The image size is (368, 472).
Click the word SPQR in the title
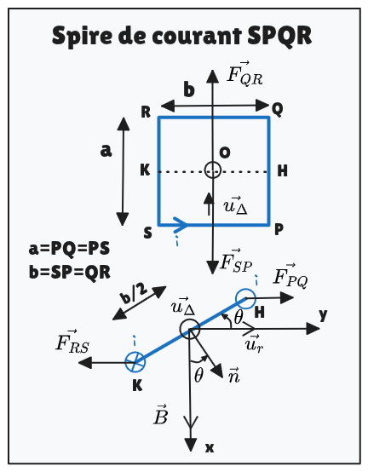(279, 36)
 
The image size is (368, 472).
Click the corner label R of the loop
(146, 112)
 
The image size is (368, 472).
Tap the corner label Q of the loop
(277, 109)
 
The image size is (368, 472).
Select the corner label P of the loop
(279, 230)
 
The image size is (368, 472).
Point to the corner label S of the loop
(147, 233)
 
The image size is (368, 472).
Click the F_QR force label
(244, 74)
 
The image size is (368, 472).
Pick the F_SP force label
(236, 262)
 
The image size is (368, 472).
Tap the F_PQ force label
(290, 276)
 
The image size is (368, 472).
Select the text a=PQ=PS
(69, 249)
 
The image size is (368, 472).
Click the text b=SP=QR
(70, 272)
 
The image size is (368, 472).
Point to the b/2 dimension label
(133, 294)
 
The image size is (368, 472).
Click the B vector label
(160, 414)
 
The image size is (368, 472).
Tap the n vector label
(233, 376)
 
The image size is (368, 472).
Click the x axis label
(210, 448)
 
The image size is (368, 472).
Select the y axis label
(323, 315)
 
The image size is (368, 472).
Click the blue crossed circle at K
(135, 362)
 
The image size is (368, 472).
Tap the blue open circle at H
(245, 298)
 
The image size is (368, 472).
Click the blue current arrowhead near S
(181, 225)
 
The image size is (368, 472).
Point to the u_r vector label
(254, 343)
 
